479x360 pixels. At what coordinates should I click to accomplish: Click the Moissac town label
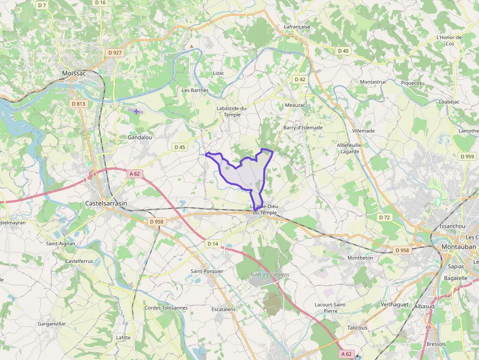click(74, 73)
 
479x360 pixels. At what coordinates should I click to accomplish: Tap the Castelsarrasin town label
click(106, 203)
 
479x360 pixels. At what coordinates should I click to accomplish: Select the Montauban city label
click(458, 247)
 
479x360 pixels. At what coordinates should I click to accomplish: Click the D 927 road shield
click(115, 52)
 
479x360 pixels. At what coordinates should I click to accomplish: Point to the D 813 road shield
click(78, 104)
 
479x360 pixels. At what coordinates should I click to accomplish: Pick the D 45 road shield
click(180, 147)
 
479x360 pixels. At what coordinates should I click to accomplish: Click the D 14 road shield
click(213, 244)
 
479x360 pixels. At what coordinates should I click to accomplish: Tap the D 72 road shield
click(385, 217)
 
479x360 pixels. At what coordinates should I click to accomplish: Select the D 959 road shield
click(467, 156)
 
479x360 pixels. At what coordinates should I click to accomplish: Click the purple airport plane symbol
click(136, 111)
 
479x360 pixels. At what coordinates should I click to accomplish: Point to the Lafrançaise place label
click(297, 27)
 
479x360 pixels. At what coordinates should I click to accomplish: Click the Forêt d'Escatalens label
click(269, 275)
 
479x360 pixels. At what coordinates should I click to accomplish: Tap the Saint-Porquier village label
click(207, 271)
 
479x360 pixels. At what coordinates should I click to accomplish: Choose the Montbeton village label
click(360, 257)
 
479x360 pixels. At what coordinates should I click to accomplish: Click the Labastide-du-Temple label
click(232, 111)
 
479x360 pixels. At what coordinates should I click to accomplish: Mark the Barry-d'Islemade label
click(303, 127)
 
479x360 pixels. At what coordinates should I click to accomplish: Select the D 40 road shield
click(343, 51)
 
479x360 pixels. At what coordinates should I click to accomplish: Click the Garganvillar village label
click(52, 324)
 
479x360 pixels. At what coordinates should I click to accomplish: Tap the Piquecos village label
click(411, 83)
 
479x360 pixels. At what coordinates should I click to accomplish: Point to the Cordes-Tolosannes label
click(166, 308)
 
